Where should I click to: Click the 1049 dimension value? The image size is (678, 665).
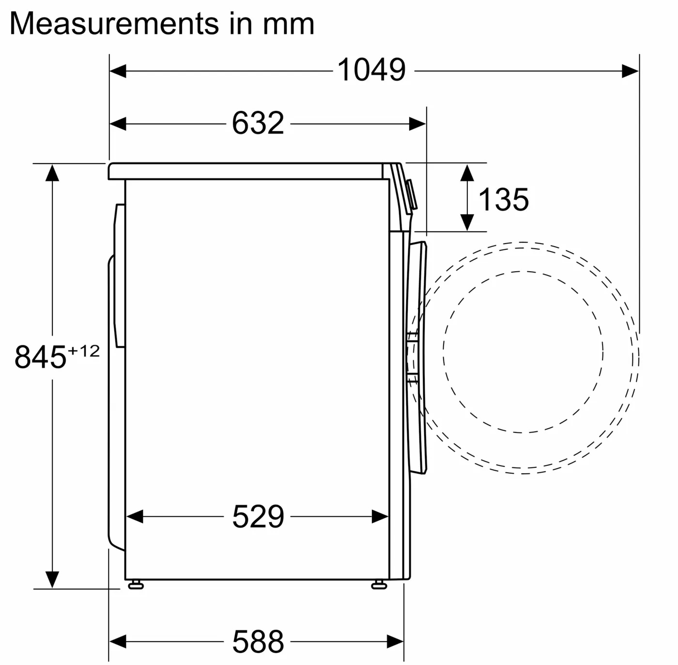371,70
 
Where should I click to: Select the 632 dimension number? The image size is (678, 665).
258,123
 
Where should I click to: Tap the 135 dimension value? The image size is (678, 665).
504,200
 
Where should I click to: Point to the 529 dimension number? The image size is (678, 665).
258,517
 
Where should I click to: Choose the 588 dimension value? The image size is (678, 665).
258,642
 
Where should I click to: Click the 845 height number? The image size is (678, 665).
40,357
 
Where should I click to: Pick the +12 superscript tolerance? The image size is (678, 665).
84,351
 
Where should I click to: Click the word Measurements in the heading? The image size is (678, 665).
114,24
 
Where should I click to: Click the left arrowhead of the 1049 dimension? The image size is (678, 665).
118,71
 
